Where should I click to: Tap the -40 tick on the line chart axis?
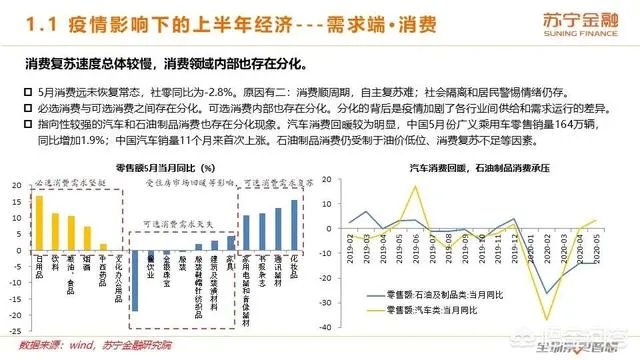coord(332,327)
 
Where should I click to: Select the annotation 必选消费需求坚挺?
coord(70,185)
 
